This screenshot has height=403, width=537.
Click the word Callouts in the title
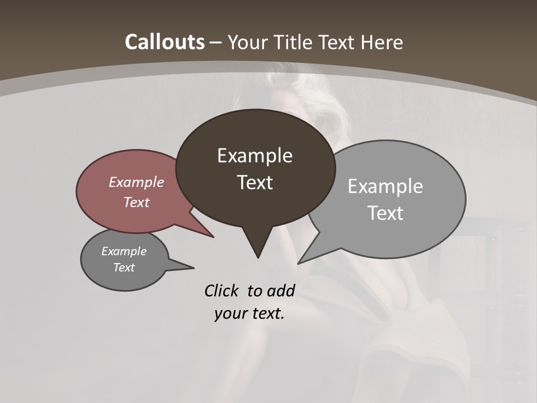[164, 42]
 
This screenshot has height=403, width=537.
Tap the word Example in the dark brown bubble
[255, 156]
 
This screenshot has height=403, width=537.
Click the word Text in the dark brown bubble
[255, 182]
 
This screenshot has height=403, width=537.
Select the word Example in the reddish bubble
[136, 182]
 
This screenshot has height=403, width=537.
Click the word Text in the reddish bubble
[136, 202]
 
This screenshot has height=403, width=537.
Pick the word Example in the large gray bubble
[385, 186]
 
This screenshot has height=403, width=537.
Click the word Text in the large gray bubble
[385, 213]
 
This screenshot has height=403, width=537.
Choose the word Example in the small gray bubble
[124, 251]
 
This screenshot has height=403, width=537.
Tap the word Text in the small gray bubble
[124, 268]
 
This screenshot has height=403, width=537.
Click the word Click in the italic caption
[223, 290]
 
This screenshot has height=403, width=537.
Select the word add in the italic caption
[280, 290]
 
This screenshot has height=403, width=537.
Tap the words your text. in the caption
[249, 313]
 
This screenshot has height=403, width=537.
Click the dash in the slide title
[216, 43]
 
